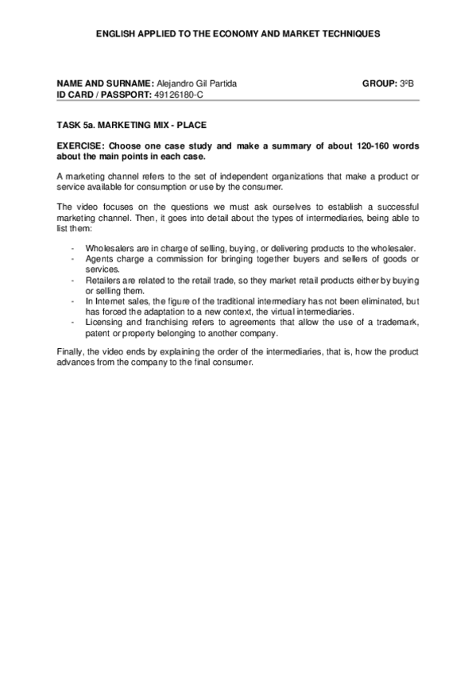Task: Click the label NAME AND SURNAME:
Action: click(105, 83)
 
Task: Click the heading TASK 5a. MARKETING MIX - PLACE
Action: click(132, 125)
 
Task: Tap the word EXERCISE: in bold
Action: click(81, 146)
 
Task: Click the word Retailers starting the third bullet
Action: click(103, 281)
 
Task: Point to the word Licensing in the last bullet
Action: click(103, 322)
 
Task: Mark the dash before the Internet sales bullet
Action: click(72, 301)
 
